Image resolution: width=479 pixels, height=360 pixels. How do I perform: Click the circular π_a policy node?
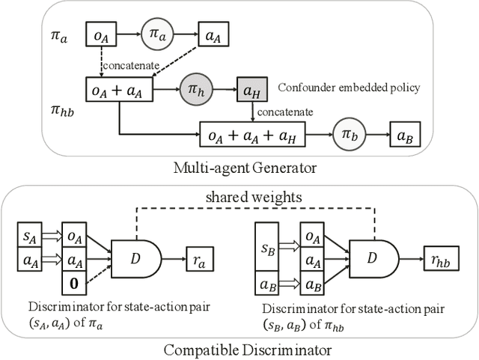[156, 34]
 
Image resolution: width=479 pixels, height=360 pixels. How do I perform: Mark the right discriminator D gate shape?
[374, 260]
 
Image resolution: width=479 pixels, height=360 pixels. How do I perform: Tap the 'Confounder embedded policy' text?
[349, 88]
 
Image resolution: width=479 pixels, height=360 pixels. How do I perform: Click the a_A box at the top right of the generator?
[213, 34]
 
